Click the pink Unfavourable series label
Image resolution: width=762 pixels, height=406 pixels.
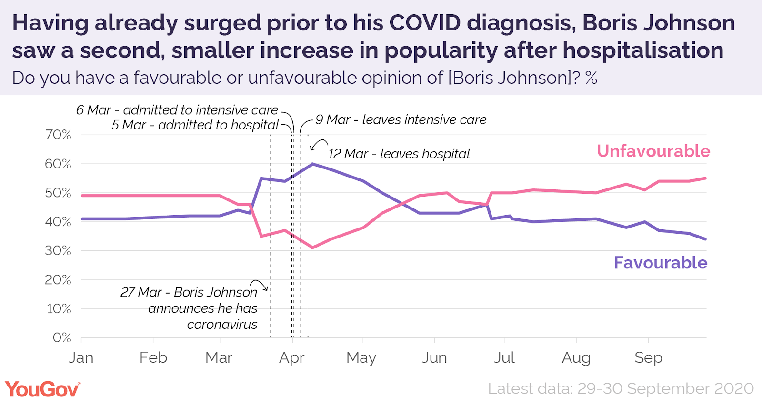click(653, 151)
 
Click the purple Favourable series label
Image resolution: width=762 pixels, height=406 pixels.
click(660, 263)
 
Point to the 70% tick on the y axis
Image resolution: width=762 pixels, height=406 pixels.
click(59, 135)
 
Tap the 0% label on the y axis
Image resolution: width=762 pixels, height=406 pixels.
click(62, 337)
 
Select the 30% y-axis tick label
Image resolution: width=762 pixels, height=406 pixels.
click(59, 251)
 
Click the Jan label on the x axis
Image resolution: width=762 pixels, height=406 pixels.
click(81, 357)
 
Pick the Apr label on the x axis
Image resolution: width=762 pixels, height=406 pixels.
click(291, 357)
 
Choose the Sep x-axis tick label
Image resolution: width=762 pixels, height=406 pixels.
click(648, 357)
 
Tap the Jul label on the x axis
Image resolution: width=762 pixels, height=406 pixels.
click(504, 357)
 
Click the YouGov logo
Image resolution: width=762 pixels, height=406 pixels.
click(42, 389)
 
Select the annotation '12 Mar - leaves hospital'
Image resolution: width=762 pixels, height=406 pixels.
click(399, 154)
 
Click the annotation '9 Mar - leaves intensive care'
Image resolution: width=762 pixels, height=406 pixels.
click(401, 119)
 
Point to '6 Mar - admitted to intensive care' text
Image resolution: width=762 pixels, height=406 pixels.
click(177, 110)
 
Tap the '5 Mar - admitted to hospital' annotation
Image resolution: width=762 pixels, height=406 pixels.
click(195, 125)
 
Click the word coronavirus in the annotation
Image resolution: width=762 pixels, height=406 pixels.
click(222, 325)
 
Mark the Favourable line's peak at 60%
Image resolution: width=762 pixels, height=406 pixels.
click(312, 164)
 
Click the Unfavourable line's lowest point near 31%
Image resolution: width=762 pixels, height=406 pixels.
click(312, 248)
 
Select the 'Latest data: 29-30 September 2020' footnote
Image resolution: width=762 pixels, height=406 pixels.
click(621, 389)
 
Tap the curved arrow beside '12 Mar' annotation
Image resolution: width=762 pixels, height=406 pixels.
click(319, 144)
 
